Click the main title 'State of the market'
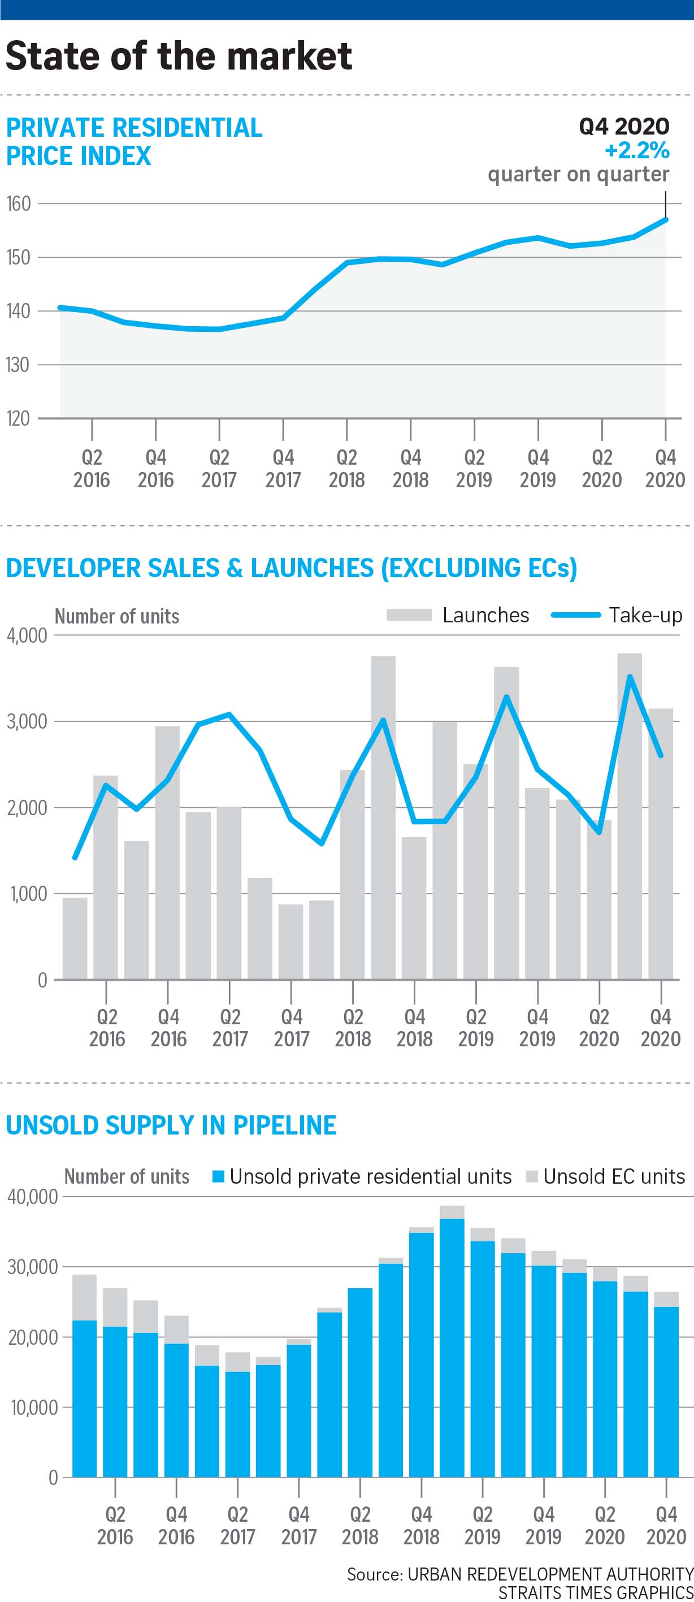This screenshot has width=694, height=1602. (x=179, y=56)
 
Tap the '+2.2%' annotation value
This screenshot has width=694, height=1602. (x=637, y=150)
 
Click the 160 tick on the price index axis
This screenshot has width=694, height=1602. (x=19, y=204)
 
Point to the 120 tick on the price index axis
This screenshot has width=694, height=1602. (x=19, y=418)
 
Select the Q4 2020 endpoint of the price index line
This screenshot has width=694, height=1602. (x=665, y=219)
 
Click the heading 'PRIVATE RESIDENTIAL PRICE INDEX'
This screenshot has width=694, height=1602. (x=134, y=141)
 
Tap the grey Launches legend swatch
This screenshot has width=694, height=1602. (x=409, y=615)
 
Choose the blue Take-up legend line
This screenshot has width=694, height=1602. (x=575, y=615)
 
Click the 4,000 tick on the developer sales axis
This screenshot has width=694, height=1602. (x=27, y=635)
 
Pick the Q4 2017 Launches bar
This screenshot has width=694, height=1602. (x=290, y=942)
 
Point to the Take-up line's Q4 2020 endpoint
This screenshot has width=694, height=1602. (x=661, y=756)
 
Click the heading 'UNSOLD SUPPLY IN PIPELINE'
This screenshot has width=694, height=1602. (x=171, y=1125)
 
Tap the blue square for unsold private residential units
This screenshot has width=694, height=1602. (x=218, y=1176)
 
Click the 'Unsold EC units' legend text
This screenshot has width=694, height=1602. (x=614, y=1176)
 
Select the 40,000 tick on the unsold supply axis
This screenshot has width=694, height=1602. (x=32, y=1197)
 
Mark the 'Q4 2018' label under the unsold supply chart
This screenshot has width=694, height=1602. (x=421, y=1525)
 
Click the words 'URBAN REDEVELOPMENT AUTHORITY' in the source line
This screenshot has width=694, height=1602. (x=550, y=1574)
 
